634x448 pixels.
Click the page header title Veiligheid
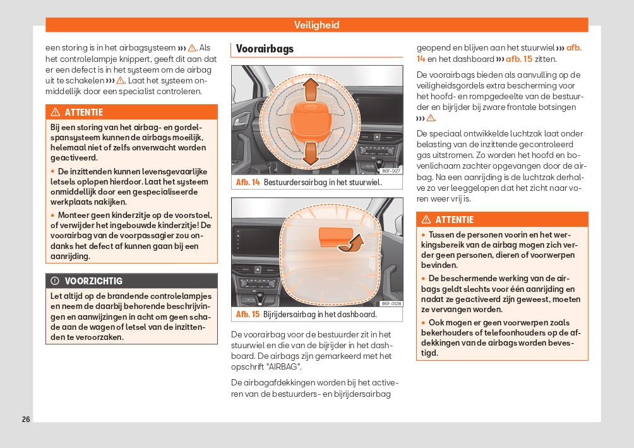316,25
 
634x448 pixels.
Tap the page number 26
26,420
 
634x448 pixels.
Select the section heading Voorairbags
265,49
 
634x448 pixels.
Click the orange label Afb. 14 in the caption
248,183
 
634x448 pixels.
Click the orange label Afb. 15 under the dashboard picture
248,315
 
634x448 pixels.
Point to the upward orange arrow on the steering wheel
309,90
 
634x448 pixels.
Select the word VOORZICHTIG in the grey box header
93,281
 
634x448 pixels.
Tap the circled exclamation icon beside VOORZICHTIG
55,281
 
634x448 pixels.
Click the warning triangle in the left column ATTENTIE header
55,112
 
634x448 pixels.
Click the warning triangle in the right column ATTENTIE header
426,220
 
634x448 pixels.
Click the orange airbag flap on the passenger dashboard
333,236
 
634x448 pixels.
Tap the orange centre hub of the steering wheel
309,120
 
